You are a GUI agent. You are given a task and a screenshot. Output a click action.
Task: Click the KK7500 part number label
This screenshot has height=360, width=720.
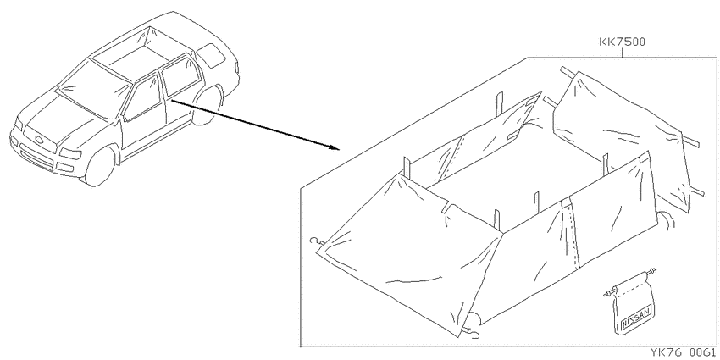tap(623, 42)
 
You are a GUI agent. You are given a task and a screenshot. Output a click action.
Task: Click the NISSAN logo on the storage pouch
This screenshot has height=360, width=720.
tap(636, 318)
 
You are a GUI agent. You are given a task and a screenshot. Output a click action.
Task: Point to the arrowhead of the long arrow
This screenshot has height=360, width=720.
tap(334, 147)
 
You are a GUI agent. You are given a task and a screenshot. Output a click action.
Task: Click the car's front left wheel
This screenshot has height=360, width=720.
tap(99, 166)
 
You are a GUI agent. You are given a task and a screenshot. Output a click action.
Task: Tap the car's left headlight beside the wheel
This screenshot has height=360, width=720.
tap(69, 154)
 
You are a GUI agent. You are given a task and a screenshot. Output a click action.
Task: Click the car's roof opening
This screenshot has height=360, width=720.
tap(132, 51)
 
